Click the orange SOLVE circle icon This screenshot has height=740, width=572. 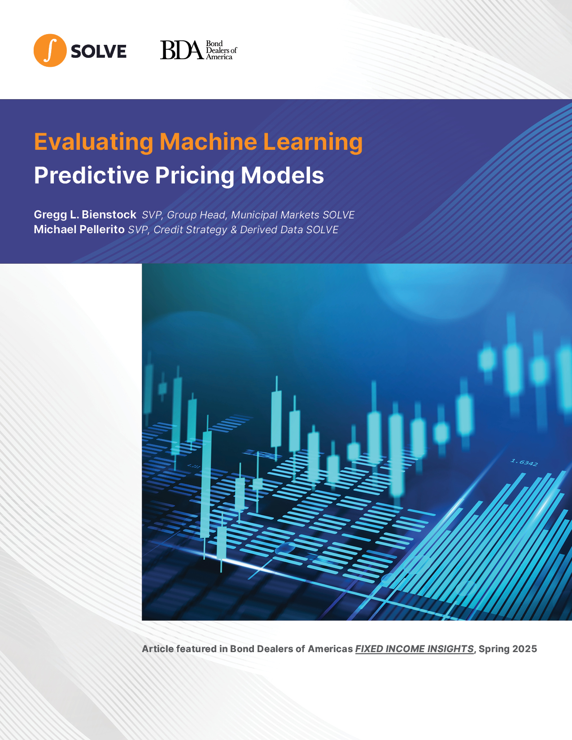tap(50, 50)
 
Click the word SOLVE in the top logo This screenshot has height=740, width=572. tap(98, 52)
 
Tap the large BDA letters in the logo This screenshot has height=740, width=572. tap(182, 50)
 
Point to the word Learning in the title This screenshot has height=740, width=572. tap(313, 142)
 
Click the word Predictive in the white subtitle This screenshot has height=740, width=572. tap(92, 175)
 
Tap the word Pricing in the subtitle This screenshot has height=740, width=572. tap(195, 176)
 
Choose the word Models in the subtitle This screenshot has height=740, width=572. tap(282, 175)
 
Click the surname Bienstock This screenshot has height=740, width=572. tap(109, 214)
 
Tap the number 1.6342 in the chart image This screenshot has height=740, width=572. tap(524, 462)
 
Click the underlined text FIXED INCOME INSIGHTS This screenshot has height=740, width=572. tap(415, 649)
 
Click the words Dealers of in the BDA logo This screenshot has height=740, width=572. tap(222, 50)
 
